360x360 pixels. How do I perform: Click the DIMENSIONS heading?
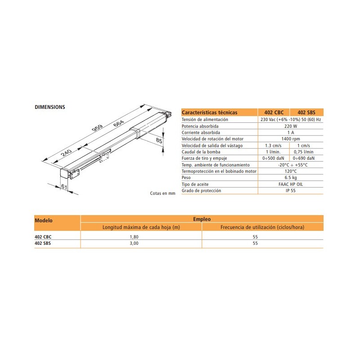tap(50, 107)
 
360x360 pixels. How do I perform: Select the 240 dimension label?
tap(66, 153)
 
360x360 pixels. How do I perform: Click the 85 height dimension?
tap(159, 141)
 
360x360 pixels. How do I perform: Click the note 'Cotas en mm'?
tap(162, 193)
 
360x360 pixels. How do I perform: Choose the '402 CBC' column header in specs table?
tap(274, 112)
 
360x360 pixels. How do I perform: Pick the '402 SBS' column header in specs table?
tap(306, 112)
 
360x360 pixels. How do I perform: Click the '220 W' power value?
tap(290, 126)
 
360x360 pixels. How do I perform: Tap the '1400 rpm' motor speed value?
tap(290, 139)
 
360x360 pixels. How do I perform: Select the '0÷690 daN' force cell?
tap(306, 158)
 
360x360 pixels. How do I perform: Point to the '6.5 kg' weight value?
tap(290, 178)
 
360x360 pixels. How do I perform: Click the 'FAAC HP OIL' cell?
tap(290, 184)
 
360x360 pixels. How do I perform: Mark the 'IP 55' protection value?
tap(290, 191)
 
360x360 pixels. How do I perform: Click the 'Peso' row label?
tap(186, 178)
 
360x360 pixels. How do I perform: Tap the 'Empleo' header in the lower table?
tap(202, 219)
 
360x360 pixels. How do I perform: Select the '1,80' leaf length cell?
tap(141, 236)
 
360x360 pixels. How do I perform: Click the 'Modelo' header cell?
tap(44, 220)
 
